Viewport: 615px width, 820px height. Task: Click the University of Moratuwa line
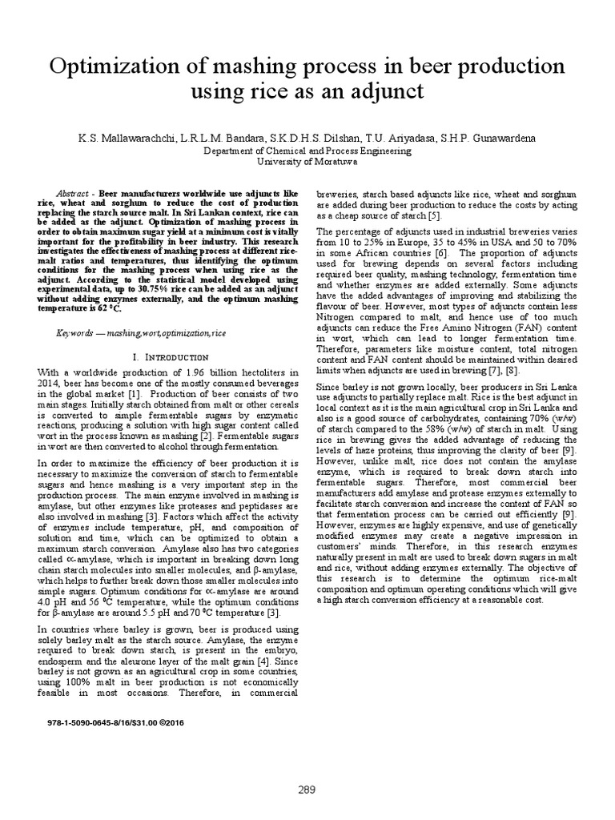point(307,161)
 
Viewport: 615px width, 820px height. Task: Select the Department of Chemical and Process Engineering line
point(307,150)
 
